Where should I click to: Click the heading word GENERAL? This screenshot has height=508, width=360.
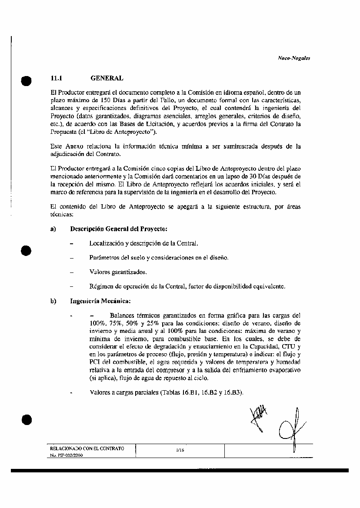[x=107, y=78]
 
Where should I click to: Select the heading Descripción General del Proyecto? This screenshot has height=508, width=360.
[x=119, y=229]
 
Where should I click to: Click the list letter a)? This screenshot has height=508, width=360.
[x=53, y=229]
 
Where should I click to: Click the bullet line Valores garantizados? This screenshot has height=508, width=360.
[x=118, y=272]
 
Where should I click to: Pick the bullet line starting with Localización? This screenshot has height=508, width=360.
[x=143, y=243]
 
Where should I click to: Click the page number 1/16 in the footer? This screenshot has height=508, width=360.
[x=180, y=451]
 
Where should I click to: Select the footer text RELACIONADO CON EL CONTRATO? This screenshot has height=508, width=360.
[x=87, y=448]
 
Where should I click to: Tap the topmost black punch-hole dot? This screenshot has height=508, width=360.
[x=26, y=81]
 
